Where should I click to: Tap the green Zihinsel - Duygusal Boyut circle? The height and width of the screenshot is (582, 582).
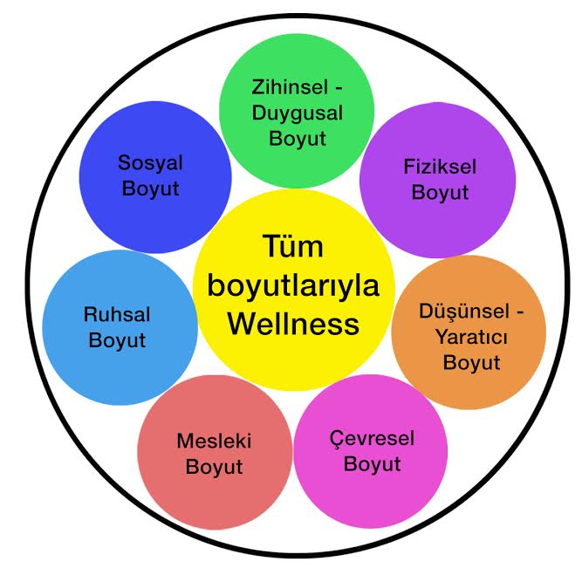[x=296, y=112]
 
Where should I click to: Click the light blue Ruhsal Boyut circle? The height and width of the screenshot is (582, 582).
[x=120, y=326]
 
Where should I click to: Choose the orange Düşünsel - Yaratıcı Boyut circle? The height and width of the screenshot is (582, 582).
[x=469, y=334]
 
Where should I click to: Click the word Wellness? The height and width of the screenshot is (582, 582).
[x=292, y=324]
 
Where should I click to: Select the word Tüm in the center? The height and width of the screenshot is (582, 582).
[x=292, y=247]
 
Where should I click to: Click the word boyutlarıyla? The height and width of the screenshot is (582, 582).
[x=292, y=286]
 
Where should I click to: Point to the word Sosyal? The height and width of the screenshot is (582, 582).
[x=151, y=163]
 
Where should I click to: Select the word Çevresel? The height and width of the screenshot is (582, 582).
[x=373, y=438]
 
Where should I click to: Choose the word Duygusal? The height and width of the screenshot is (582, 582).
[x=298, y=113]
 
